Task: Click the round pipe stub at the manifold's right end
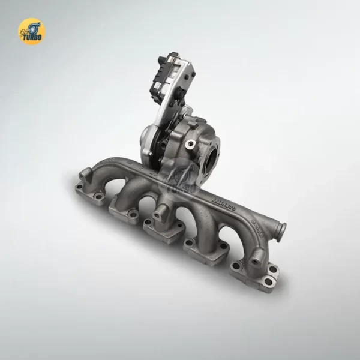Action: [279, 229]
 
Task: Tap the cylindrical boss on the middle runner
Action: [160, 211]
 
